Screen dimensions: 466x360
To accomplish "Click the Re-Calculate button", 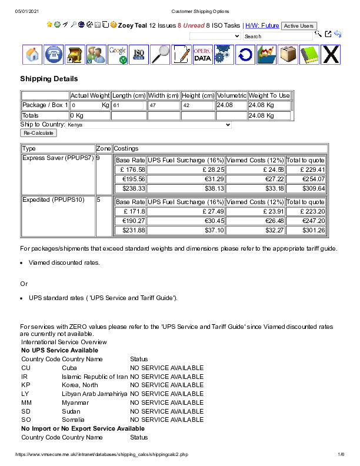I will [x=38, y=134].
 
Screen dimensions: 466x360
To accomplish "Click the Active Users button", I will [x=298, y=26].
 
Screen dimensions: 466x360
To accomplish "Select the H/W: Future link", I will [x=262, y=26].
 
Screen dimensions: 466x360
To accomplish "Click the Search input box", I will [x=278, y=36].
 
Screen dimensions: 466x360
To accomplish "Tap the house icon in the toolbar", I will [x=33, y=55].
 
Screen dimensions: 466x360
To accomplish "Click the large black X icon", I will [x=331, y=55].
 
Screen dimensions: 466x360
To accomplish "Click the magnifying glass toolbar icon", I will [x=161, y=55].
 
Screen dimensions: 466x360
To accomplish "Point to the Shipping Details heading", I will [x=49, y=79].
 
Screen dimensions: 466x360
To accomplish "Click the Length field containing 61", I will [x=128, y=105].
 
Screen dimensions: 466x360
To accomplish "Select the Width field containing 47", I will [x=163, y=105].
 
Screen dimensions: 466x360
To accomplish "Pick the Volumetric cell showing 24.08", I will [x=231, y=105].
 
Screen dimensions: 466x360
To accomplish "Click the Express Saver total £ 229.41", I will [x=306, y=170].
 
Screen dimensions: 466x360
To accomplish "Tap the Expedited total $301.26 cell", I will [x=306, y=230].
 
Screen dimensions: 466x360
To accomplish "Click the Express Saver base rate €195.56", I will [x=129, y=179].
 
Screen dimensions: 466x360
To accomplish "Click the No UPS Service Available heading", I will [x=59, y=351].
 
